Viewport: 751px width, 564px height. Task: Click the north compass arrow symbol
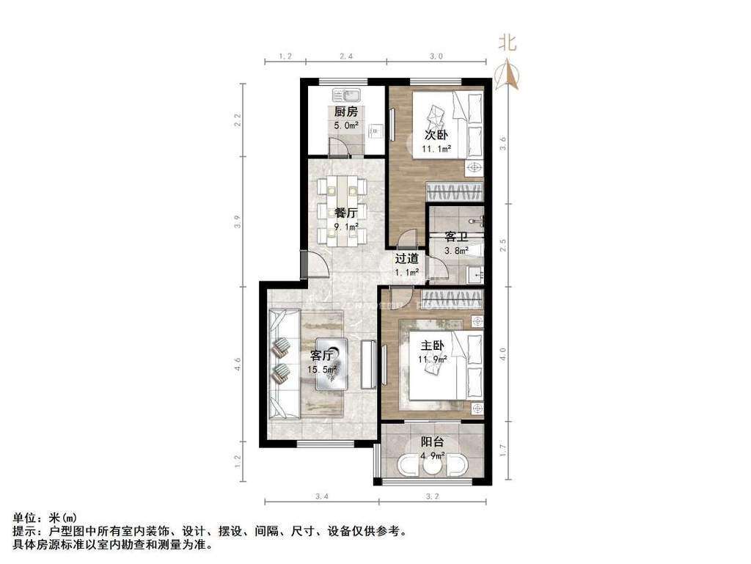507,74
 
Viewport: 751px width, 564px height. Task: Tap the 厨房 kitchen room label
346,112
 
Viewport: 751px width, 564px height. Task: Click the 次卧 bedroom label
436,136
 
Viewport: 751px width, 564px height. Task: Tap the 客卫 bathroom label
457,238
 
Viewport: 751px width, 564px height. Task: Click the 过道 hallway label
407,259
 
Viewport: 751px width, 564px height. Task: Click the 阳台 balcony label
433,442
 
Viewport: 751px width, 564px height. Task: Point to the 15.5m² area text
323,370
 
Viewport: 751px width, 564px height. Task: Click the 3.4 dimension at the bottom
321,498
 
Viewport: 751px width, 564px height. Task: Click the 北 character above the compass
508,43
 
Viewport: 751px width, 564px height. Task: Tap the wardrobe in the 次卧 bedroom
455,192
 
